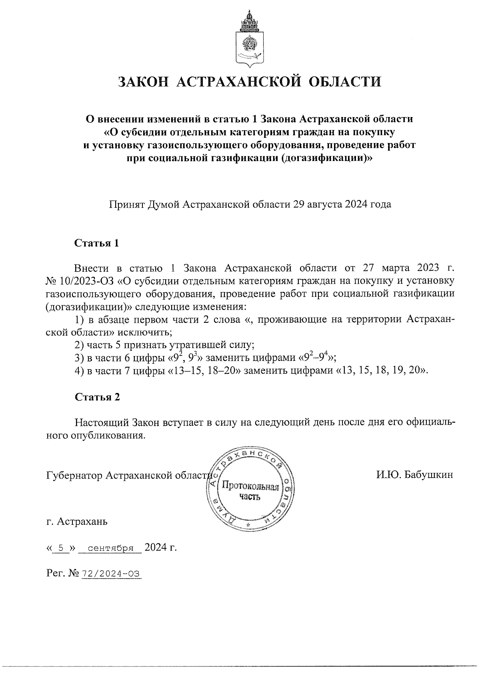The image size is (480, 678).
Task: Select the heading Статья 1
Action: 97,243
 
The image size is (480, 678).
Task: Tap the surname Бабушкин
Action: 428,475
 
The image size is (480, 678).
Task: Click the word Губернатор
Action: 74,475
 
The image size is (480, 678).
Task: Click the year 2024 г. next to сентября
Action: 160,547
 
